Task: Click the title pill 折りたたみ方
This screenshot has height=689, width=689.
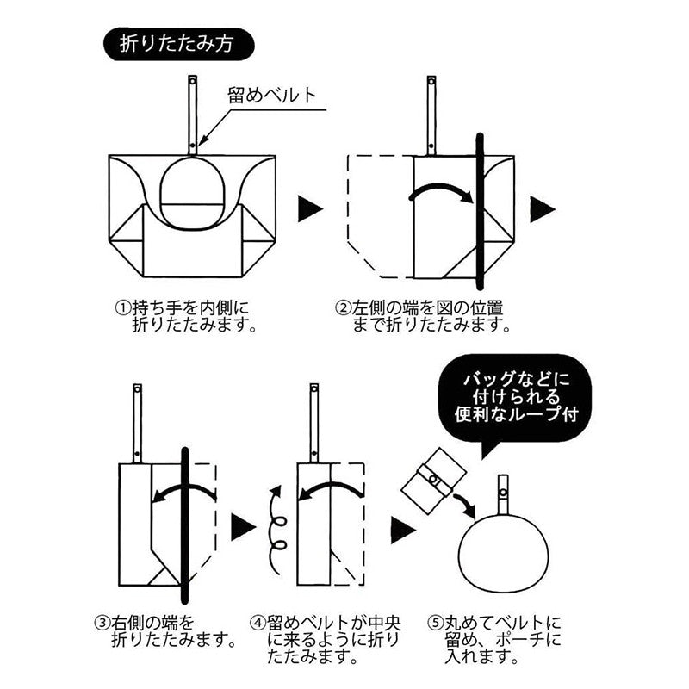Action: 179,45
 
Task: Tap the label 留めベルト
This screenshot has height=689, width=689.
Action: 272,95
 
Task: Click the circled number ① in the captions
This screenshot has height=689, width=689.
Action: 122,307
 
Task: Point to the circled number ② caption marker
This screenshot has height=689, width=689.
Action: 343,307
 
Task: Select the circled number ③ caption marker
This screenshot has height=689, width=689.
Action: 102,622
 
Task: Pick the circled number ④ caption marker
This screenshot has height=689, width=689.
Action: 258,622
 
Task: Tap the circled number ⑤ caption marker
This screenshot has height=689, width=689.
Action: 436,622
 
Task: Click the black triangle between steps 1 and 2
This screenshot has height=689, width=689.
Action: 310,208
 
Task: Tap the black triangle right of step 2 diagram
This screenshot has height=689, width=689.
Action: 543,208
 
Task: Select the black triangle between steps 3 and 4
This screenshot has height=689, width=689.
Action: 243,527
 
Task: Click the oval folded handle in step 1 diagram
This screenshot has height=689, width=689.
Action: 192,193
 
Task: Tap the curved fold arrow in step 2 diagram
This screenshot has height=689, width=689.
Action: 441,192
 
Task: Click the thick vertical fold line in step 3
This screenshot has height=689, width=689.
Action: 185,525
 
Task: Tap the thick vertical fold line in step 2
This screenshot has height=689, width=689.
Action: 480,211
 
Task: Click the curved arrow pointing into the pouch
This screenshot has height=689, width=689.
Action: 465,506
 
